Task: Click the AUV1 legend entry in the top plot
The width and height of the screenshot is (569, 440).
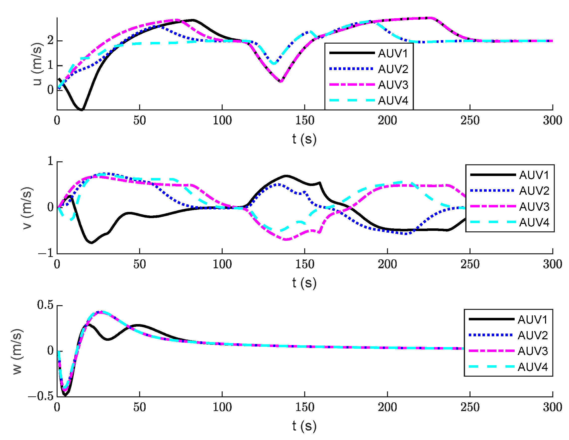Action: pos(393,53)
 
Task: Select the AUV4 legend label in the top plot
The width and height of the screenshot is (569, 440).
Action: pos(393,100)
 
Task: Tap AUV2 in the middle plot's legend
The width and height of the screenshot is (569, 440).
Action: pos(534,191)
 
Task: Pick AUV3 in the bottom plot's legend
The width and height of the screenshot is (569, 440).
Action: pos(533,351)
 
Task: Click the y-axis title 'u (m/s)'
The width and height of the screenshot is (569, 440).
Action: pos(37,64)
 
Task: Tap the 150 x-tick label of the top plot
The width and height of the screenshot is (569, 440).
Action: pos(304,121)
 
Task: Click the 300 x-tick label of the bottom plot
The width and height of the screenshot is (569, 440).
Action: pos(552,407)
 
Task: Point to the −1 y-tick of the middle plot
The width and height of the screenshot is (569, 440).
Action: pos(46,254)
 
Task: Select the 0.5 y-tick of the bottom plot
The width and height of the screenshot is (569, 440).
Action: pos(45,305)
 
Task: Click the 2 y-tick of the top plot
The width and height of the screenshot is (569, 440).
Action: pos(50,40)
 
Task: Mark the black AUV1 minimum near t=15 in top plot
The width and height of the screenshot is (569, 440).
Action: pos(82,110)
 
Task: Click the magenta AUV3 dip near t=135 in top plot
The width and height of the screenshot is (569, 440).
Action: pos(281,82)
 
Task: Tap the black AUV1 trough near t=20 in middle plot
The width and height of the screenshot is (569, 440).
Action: pos(92,243)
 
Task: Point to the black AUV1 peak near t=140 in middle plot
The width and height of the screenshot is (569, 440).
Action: pos(286,176)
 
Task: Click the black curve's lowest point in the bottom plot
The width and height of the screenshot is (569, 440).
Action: pos(65,395)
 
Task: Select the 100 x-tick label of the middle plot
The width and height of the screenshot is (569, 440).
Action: pos(222,264)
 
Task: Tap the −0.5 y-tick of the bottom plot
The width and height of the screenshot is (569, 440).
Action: pos(41,396)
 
